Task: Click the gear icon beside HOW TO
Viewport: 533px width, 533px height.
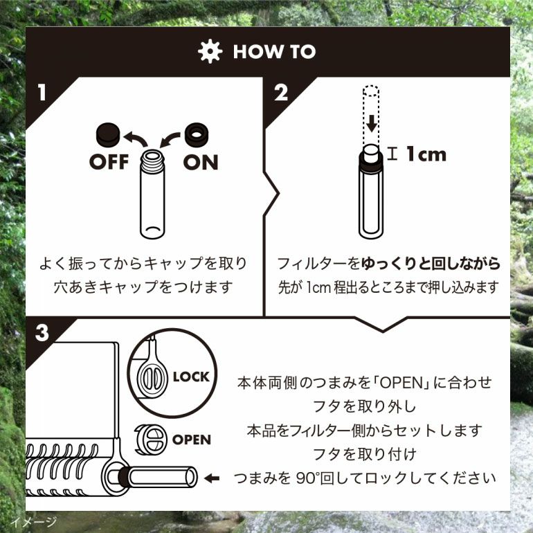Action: point(210,51)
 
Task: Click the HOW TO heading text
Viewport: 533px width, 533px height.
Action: point(274,52)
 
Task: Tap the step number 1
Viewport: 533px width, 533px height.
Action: point(42,93)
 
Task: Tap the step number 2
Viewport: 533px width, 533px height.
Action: point(281,93)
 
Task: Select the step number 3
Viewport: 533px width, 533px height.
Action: point(42,333)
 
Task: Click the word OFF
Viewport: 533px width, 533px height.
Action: point(109,162)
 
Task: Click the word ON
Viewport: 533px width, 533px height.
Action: point(201,162)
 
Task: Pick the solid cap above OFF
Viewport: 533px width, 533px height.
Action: point(108,134)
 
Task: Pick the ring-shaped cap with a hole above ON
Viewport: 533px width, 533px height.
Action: point(197,134)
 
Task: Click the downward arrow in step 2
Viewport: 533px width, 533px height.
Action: point(372,123)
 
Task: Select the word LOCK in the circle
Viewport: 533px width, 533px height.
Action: point(191,377)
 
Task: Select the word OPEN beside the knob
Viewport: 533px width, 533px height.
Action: point(191,440)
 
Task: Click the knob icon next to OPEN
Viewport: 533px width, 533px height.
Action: point(151,440)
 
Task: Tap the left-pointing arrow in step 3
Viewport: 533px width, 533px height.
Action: point(212,478)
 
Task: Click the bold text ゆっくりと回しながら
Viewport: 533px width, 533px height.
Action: point(430,264)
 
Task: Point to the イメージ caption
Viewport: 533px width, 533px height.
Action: point(33,521)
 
